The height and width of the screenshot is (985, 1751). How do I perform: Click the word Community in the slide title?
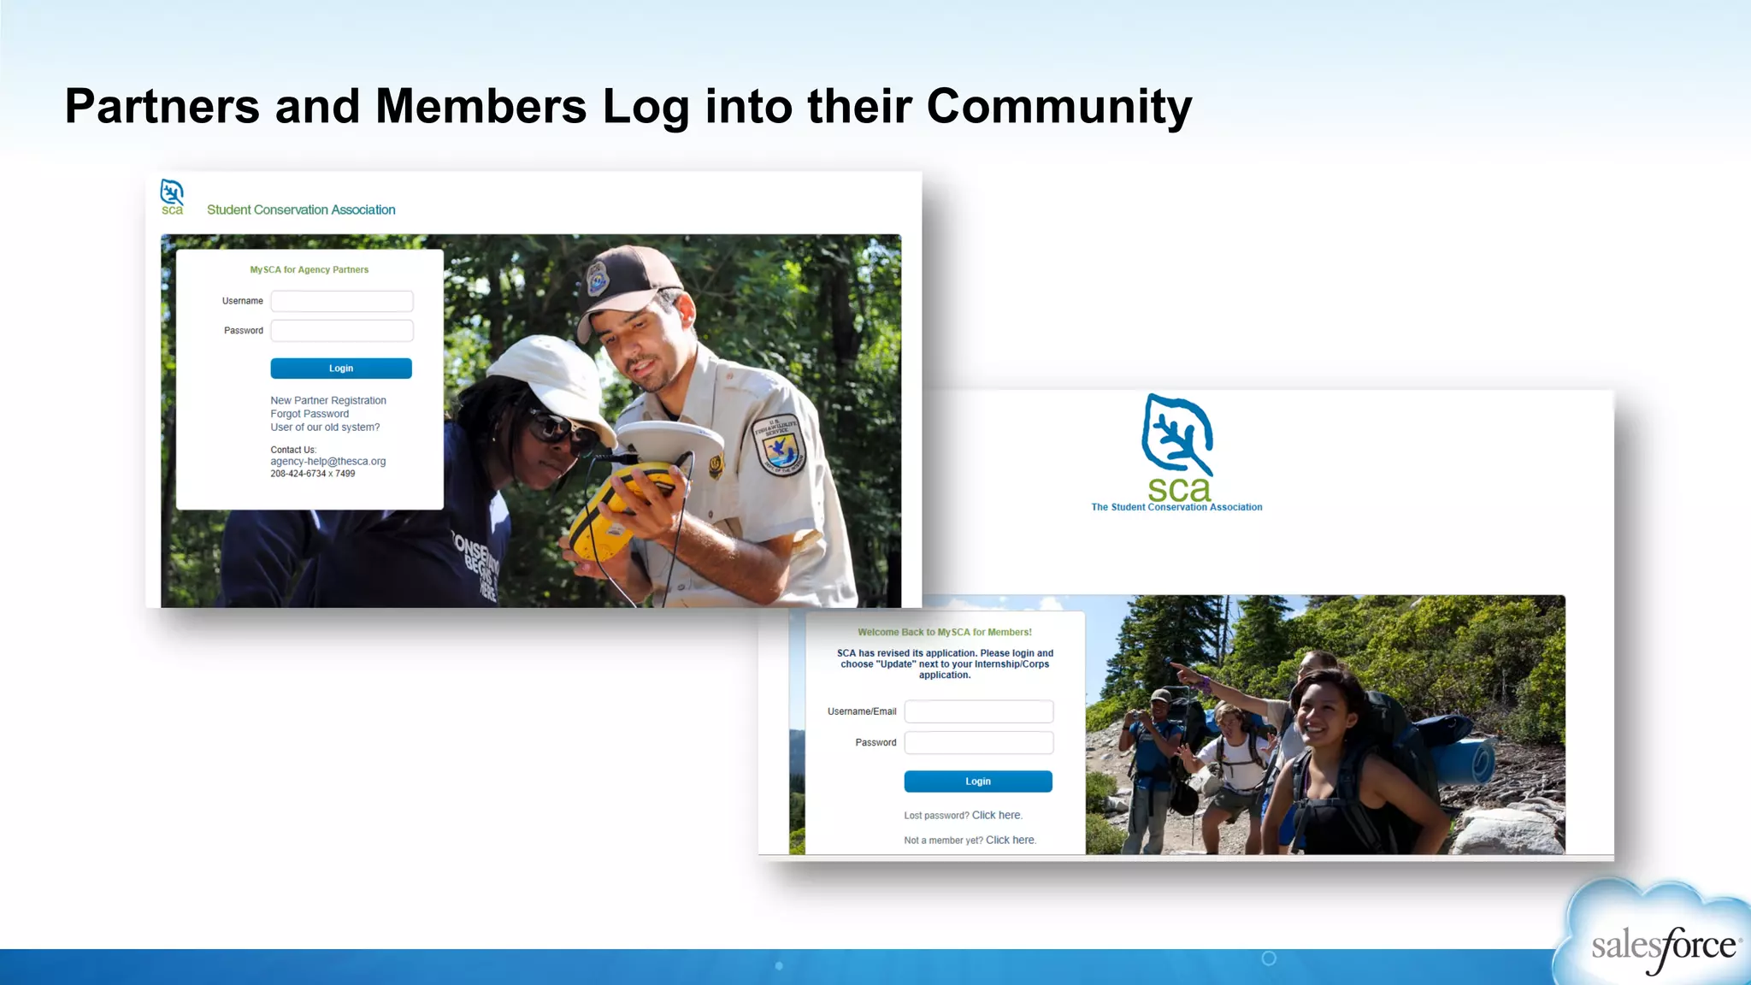[x=1058, y=107]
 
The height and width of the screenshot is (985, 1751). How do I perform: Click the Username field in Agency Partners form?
[x=342, y=301]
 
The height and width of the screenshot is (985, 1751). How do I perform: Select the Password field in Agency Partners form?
[x=342, y=331]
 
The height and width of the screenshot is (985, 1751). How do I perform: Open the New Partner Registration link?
[x=328, y=400]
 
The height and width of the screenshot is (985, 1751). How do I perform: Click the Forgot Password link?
[x=310, y=414]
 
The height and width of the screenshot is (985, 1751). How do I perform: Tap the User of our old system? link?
[x=325, y=428]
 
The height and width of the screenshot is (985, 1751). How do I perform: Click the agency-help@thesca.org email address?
[x=328, y=462]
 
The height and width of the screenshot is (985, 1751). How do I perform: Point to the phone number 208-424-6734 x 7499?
[x=313, y=474]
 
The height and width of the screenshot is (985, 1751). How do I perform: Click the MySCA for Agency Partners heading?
[x=309, y=270]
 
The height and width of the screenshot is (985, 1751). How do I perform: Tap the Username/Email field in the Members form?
[x=979, y=711]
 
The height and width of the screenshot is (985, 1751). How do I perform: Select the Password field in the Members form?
[x=979, y=743]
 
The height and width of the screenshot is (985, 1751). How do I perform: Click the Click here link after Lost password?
[x=997, y=816]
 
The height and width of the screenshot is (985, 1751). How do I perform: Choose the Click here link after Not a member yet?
[x=1011, y=840]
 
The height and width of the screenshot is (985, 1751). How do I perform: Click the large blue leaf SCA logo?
[x=1177, y=436]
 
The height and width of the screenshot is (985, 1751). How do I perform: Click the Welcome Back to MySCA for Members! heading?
[x=945, y=633]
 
